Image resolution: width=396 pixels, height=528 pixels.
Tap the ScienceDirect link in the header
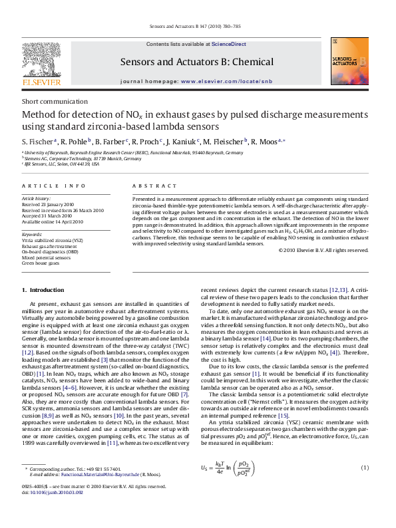click(229, 44)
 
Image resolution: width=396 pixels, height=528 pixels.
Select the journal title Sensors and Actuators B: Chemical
click(196, 63)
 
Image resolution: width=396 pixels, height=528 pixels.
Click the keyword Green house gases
click(41, 263)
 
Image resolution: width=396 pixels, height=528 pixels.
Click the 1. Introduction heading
click(43, 290)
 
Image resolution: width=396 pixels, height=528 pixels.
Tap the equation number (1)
click(365, 468)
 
